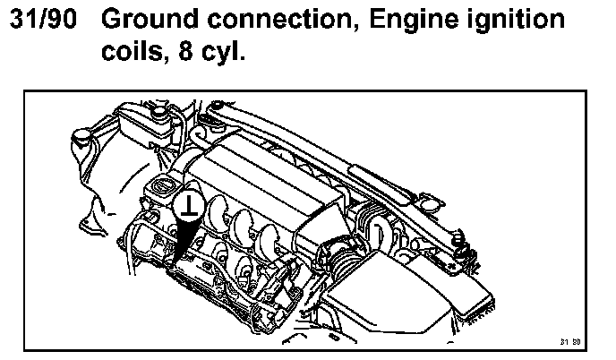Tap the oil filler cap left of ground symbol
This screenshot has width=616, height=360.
click(x=161, y=188)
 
